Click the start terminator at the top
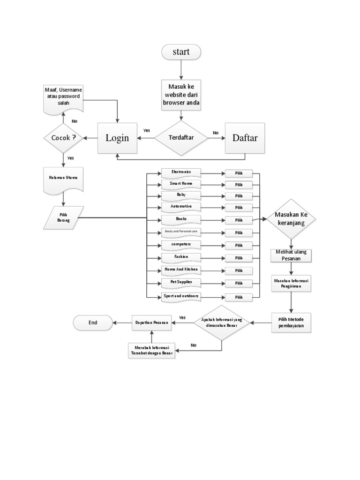(x=181, y=52)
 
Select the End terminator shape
(x=93, y=322)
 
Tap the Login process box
(x=117, y=138)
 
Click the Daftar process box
(x=245, y=138)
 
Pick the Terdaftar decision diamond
(x=181, y=138)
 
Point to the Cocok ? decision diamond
(x=63, y=138)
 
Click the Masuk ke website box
(x=181, y=96)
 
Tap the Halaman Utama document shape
(x=63, y=180)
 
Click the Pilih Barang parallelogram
(x=64, y=217)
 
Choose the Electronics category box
(x=181, y=172)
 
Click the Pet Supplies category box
(x=181, y=283)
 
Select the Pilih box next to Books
(x=239, y=220)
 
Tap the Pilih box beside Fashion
(x=239, y=258)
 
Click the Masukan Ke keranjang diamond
(x=291, y=219)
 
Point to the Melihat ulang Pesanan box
(x=291, y=256)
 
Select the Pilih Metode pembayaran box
(x=291, y=322)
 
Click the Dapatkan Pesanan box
(x=151, y=322)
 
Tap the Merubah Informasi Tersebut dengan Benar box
(x=151, y=351)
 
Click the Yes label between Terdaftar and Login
(x=147, y=130)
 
